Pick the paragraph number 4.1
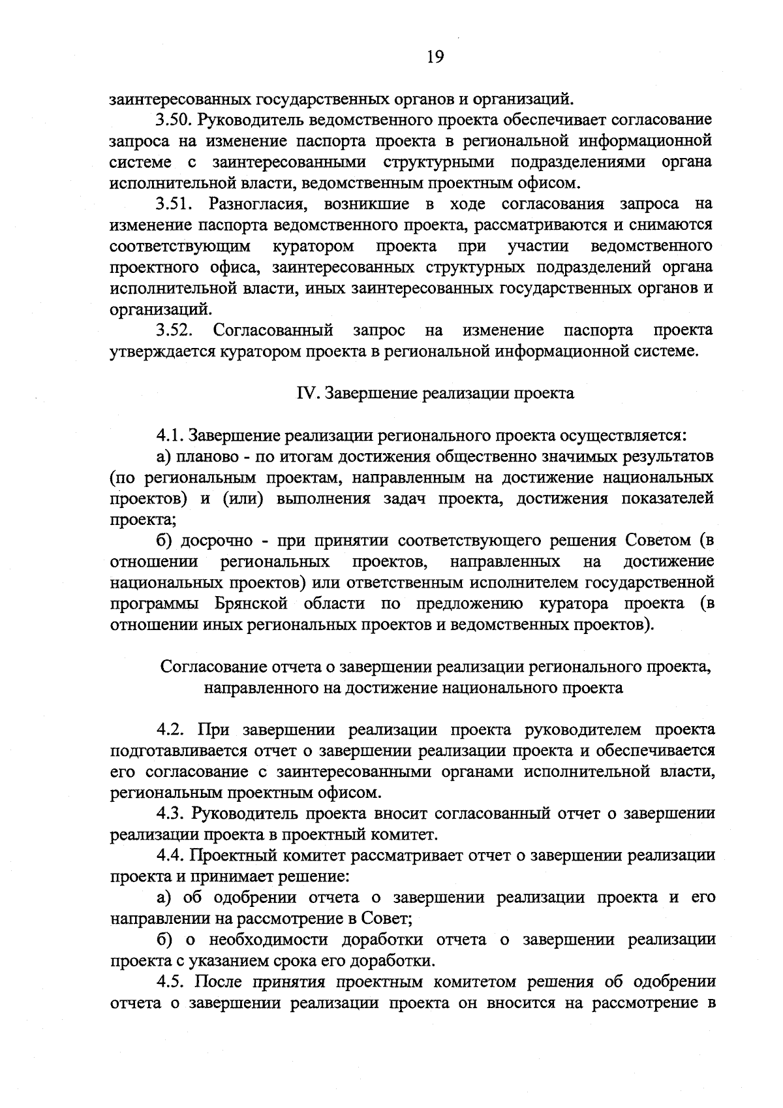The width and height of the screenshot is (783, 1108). (170, 435)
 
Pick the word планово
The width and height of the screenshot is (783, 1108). (210, 456)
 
